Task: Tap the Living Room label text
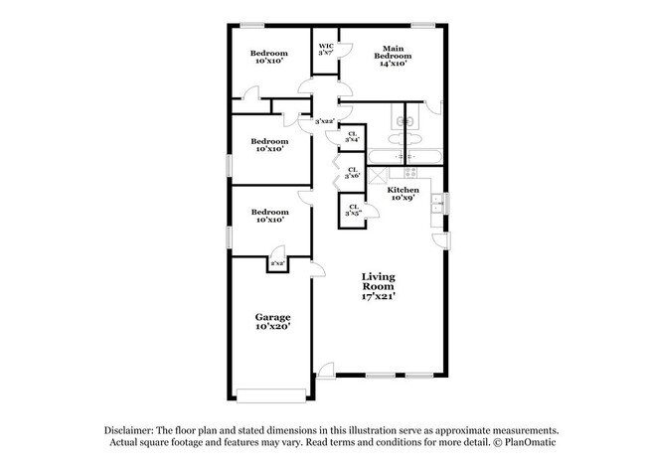[x=379, y=281]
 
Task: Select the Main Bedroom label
[x=393, y=52]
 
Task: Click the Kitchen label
[x=403, y=189]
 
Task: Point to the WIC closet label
[x=325, y=46]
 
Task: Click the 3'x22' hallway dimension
[x=324, y=121]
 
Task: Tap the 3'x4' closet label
[x=352, y=137]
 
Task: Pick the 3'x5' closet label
[x=352, y=210]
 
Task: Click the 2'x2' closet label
[x=277, y=262]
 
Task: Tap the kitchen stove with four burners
[x=405, y=157]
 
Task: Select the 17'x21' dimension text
[x=379, y=297]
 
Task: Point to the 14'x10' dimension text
[x=393, y=64]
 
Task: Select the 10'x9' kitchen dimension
[x=403, y=198]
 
